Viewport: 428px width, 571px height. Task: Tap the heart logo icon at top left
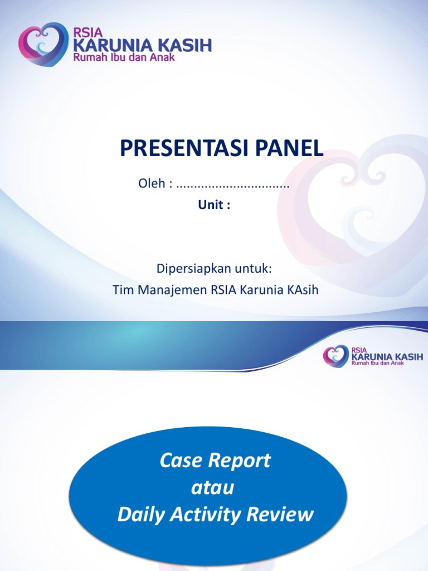pos(43,44)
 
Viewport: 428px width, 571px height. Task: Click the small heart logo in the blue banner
pos(335,355)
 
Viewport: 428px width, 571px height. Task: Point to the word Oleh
pos(151,184)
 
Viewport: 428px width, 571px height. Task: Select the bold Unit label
pos(214,205)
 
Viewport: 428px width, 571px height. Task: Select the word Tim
pos(121,290)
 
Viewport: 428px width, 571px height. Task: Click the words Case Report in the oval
pos(215,461)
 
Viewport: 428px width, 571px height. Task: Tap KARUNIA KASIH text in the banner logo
pos(386,356)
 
